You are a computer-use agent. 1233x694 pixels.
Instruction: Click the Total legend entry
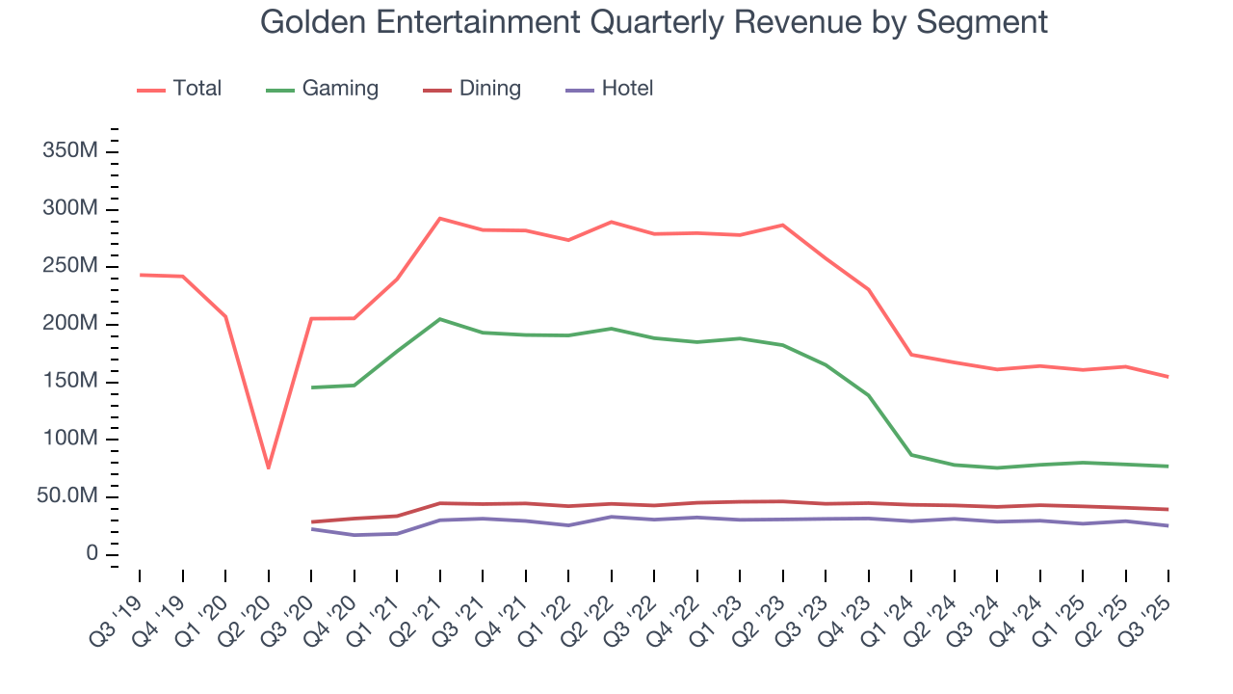(197, 89)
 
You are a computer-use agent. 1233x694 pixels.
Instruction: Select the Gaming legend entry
(339, 89)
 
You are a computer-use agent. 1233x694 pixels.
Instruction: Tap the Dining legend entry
(489, 89)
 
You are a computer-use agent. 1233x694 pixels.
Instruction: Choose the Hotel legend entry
(626, 89)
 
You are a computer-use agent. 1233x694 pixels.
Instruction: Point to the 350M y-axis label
(69, 151)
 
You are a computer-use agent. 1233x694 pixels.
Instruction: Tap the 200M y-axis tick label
(69, 324)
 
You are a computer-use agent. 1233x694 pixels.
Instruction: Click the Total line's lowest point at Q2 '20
(268, 468)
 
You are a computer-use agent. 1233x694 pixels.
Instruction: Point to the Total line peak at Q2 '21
(439, 218)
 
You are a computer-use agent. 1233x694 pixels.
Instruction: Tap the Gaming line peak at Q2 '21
(439, 319)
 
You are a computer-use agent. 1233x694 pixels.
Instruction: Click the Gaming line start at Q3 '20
(311, 387)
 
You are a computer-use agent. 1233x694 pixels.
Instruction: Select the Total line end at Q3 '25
(1168, 377)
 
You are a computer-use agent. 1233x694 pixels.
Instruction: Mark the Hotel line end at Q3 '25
(1168, 525)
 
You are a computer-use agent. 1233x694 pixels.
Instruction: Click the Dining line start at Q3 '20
(311, 521)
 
